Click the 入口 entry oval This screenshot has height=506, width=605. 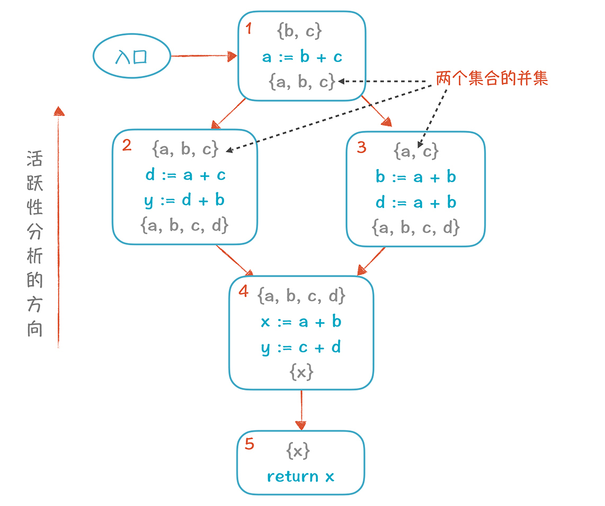(x=131, y=56)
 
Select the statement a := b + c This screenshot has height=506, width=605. (x=302, y=57)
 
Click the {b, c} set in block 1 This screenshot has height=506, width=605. (x=299, y=31)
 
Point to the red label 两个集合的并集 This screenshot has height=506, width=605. (x=492, y=79)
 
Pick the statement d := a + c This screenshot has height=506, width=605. (x=185, y=175)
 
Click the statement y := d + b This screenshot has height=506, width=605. (x=184, y=200)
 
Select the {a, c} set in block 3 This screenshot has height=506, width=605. (x=416, y=152)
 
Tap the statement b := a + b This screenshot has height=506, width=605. (x=416, y=177)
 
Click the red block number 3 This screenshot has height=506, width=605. (x=361, y=147)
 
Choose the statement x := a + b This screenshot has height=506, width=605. (x=301, y=322)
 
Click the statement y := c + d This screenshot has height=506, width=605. (x=301, y=348)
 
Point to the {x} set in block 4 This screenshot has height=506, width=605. (x=301, y=372)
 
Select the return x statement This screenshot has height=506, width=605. (x=300, y=476)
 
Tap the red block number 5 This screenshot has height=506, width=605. (x=250, y=444)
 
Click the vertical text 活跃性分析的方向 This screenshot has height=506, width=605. (x=35, y=244)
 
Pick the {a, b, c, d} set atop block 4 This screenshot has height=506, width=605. (x=301, y=296)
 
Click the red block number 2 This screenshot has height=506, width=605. (x=127, y=145)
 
